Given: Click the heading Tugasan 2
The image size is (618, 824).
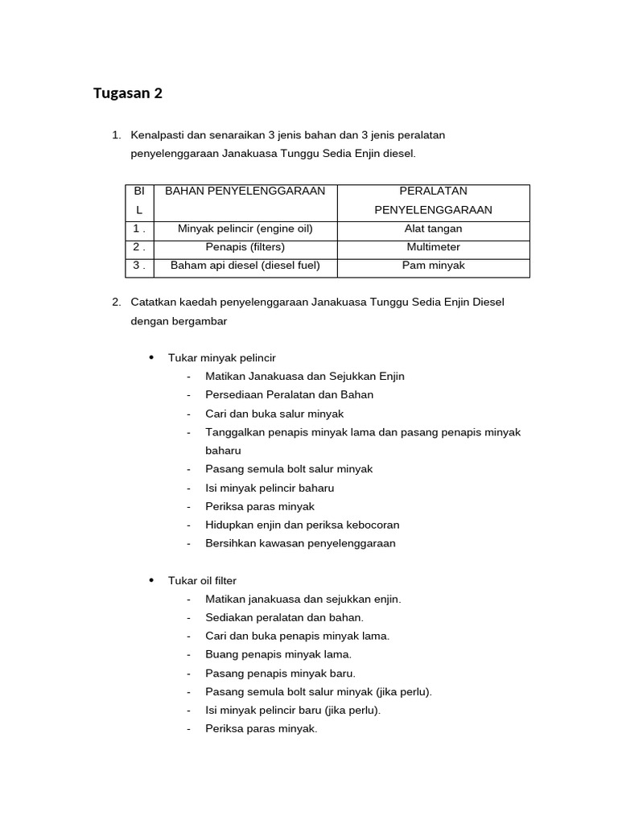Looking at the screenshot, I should click(128, 93).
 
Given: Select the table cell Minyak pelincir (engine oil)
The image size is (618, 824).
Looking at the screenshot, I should click(245, 229).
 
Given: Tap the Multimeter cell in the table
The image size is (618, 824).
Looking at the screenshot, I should click(434, 247).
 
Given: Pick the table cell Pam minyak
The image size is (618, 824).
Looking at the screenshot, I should click(434, 266).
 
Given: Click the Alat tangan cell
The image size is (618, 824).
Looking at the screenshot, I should click(434, 229).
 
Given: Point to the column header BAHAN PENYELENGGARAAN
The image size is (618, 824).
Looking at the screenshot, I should click(245, 192).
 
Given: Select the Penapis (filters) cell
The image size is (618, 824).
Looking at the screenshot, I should click(245, 247).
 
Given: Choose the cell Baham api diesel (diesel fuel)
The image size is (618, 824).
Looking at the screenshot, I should click(245, 266).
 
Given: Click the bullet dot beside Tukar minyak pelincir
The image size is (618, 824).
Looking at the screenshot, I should click(151, 357).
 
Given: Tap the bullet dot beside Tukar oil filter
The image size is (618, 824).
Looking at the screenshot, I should click(151, 580).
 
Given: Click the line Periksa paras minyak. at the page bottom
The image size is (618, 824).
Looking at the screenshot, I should click(262, 729).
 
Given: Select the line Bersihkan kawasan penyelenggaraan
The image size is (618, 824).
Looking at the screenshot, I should click(300, 543).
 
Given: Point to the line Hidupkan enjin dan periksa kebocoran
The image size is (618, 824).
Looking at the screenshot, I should click(302, 525).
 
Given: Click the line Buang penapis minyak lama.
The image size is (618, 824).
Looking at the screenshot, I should click(278, 654).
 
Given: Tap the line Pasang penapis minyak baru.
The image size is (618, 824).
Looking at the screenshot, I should click(280, 673).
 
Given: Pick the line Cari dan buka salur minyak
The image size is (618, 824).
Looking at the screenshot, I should click(274, 414).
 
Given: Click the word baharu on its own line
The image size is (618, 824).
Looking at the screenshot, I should click(223, 451).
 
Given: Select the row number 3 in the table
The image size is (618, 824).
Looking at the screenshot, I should click(138, 266).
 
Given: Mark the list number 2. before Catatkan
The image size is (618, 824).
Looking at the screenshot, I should click(117, 303).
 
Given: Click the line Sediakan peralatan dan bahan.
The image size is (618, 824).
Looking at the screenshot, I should click(284, 617).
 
